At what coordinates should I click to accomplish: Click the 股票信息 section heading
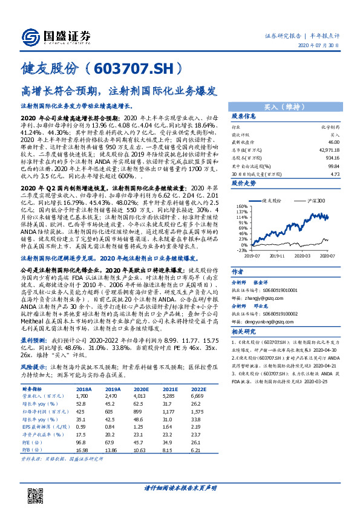tap(244, 116)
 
